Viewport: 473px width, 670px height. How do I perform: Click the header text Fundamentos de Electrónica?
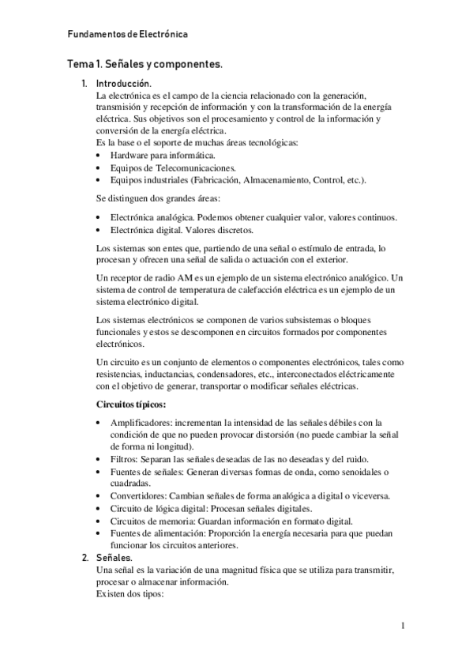[127, 35]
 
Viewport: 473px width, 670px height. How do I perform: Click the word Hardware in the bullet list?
[132, 156]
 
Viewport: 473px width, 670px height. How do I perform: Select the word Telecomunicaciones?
[193, 168]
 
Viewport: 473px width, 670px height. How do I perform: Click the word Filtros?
[123, 459]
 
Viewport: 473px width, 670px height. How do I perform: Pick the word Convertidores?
[138, 495]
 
